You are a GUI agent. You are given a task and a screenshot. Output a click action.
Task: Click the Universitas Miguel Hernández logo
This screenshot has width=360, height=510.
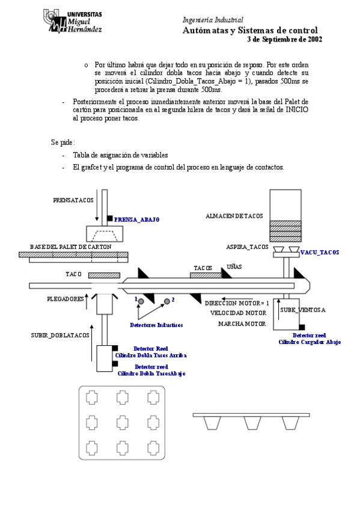[73, 21]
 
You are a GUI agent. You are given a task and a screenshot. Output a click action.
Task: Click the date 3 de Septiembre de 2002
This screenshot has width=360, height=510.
[285, 39]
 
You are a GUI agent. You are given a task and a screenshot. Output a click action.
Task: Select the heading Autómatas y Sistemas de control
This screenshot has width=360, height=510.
[250, 30]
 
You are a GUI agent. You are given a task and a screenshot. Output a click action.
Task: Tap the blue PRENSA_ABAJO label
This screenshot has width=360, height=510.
[136, 220]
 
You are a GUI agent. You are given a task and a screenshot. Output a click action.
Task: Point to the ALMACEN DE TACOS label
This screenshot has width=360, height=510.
[234, 216]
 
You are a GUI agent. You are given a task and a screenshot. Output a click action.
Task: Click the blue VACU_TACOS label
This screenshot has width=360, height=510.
[320, 253]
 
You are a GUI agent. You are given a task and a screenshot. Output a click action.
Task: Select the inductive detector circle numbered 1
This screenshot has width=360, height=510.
[141, 301]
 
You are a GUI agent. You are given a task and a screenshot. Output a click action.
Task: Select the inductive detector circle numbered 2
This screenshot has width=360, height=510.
[167, 301]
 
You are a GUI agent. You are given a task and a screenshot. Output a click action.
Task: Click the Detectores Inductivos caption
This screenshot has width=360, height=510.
[156, 325]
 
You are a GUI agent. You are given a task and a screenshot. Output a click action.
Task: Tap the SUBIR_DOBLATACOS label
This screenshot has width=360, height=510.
[60, 336]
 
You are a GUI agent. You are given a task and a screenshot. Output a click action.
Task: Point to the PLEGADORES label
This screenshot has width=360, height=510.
[66, 299]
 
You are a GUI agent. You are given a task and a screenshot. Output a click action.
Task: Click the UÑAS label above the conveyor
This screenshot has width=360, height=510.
[234, 266]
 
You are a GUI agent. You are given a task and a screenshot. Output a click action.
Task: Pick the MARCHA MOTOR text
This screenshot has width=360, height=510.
[242, 324]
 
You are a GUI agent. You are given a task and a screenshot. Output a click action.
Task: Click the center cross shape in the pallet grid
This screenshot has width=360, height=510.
[123, 423]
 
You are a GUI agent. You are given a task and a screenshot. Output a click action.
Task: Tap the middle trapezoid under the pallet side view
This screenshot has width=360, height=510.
[252, 423]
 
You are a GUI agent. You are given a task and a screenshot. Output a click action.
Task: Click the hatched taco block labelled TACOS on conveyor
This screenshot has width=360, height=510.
[206, 275]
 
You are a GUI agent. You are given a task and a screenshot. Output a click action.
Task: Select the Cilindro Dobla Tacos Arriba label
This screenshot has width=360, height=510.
[151, 355]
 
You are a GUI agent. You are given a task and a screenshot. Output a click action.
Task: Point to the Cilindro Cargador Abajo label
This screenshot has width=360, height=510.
[310, 342]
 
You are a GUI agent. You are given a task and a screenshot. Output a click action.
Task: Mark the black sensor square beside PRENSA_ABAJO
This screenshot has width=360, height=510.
[110, 218]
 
